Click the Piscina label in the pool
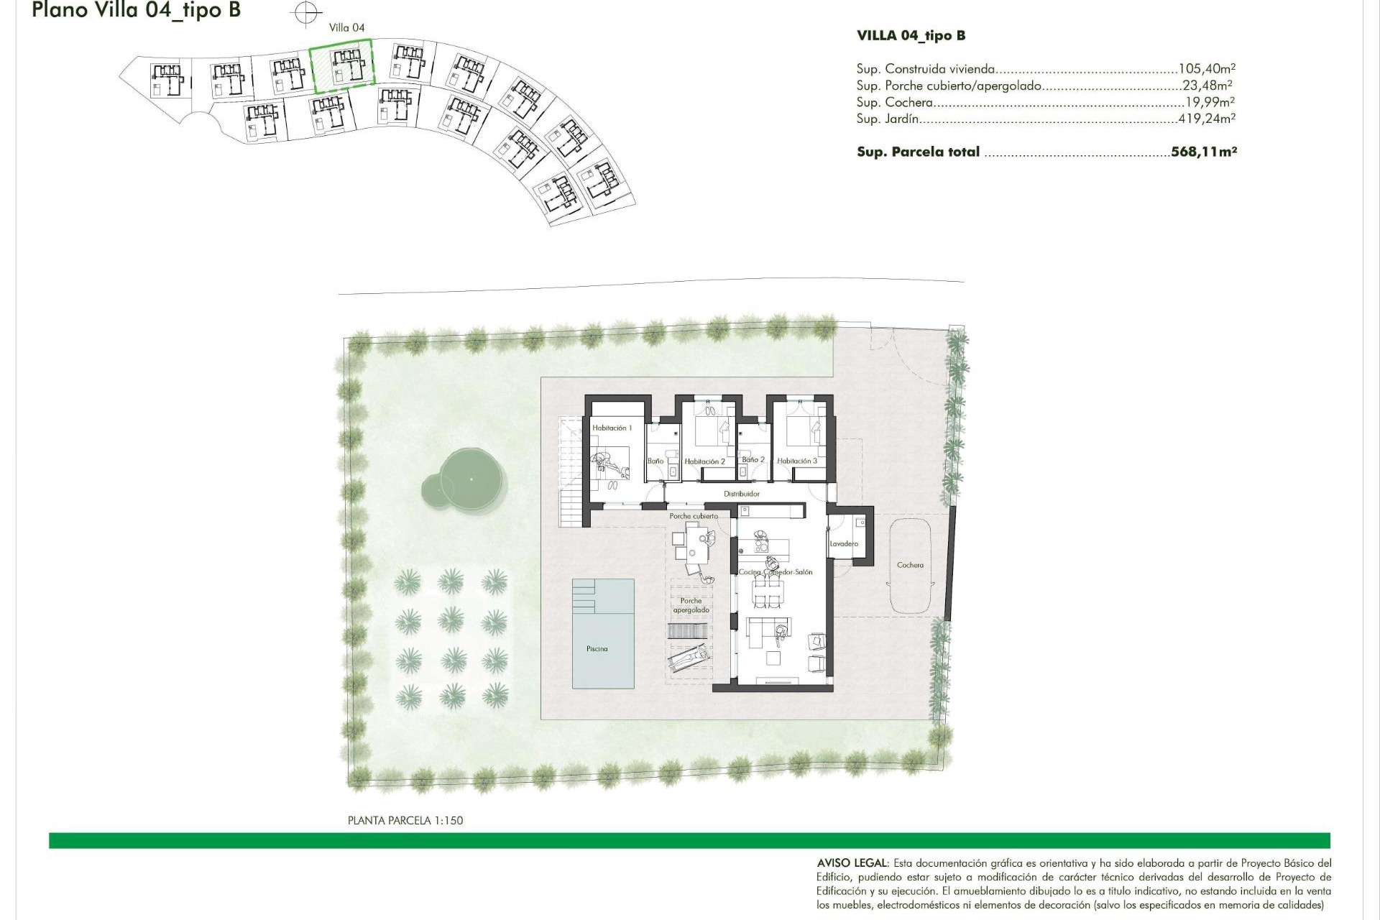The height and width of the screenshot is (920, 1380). (x=597, y=649)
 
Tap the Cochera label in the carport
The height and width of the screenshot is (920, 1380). (x=910, y=566)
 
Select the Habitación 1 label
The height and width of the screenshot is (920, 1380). (x=612, y=428)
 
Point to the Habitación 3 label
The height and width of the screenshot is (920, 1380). (x=796, y=461)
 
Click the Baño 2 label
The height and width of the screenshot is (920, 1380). (x=753, y=460)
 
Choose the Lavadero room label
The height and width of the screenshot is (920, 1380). (x=844, y=544)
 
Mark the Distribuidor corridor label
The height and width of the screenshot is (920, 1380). (x=741, y=494)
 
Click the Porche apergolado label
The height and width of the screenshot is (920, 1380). (x=691, y=606)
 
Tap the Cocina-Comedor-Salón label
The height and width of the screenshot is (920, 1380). (x=776, y=573)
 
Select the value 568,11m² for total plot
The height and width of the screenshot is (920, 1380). (x=1203, y=152)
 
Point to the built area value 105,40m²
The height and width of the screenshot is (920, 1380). (x=1206, y=70)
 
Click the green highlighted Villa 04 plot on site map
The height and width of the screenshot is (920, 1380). (x=343, y=66)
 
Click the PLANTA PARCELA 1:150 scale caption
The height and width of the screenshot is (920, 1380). (x=405, y=821)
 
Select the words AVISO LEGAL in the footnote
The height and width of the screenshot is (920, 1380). (x=852, y=863)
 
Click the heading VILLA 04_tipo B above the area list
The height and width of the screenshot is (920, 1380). (x=911, y=36)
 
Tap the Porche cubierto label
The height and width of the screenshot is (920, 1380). (x=693, y=517)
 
